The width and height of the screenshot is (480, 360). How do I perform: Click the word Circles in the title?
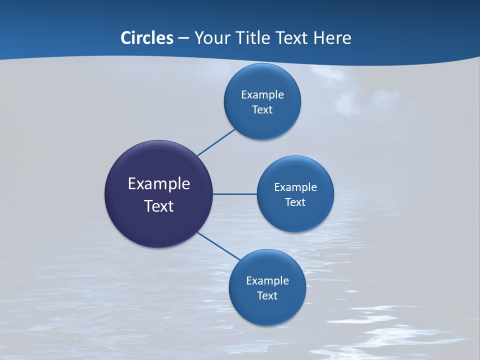pyautogui.click(x=146, y=38)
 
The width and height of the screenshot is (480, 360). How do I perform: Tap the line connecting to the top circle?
pyautogui.click(x=216, y=142)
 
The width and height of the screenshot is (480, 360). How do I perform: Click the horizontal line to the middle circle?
pyautogui.click(x=234, y=194)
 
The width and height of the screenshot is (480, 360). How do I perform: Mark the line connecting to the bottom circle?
pyautogui.click(x=218, y=246)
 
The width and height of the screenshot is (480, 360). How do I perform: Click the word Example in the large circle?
pyautogui.click(x=159, y=184)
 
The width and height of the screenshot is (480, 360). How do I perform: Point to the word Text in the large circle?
pyautogui.click(x=159, y=206)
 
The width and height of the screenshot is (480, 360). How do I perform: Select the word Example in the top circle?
pyautogui.click(x=262, y=94)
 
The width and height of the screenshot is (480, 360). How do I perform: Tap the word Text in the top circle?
pyautogui.click(x=262, y=109)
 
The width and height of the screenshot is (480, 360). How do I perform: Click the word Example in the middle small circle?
pyautogui.click(x=295, y=187)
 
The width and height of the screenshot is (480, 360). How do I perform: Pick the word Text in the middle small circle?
pyautogui.click(x=295, y=202)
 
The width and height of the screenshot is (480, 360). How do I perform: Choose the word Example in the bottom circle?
pyautogui.click(x=267, y=280)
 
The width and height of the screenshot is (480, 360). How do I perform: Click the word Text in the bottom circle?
pyautogui.click(x=267, y=295)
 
